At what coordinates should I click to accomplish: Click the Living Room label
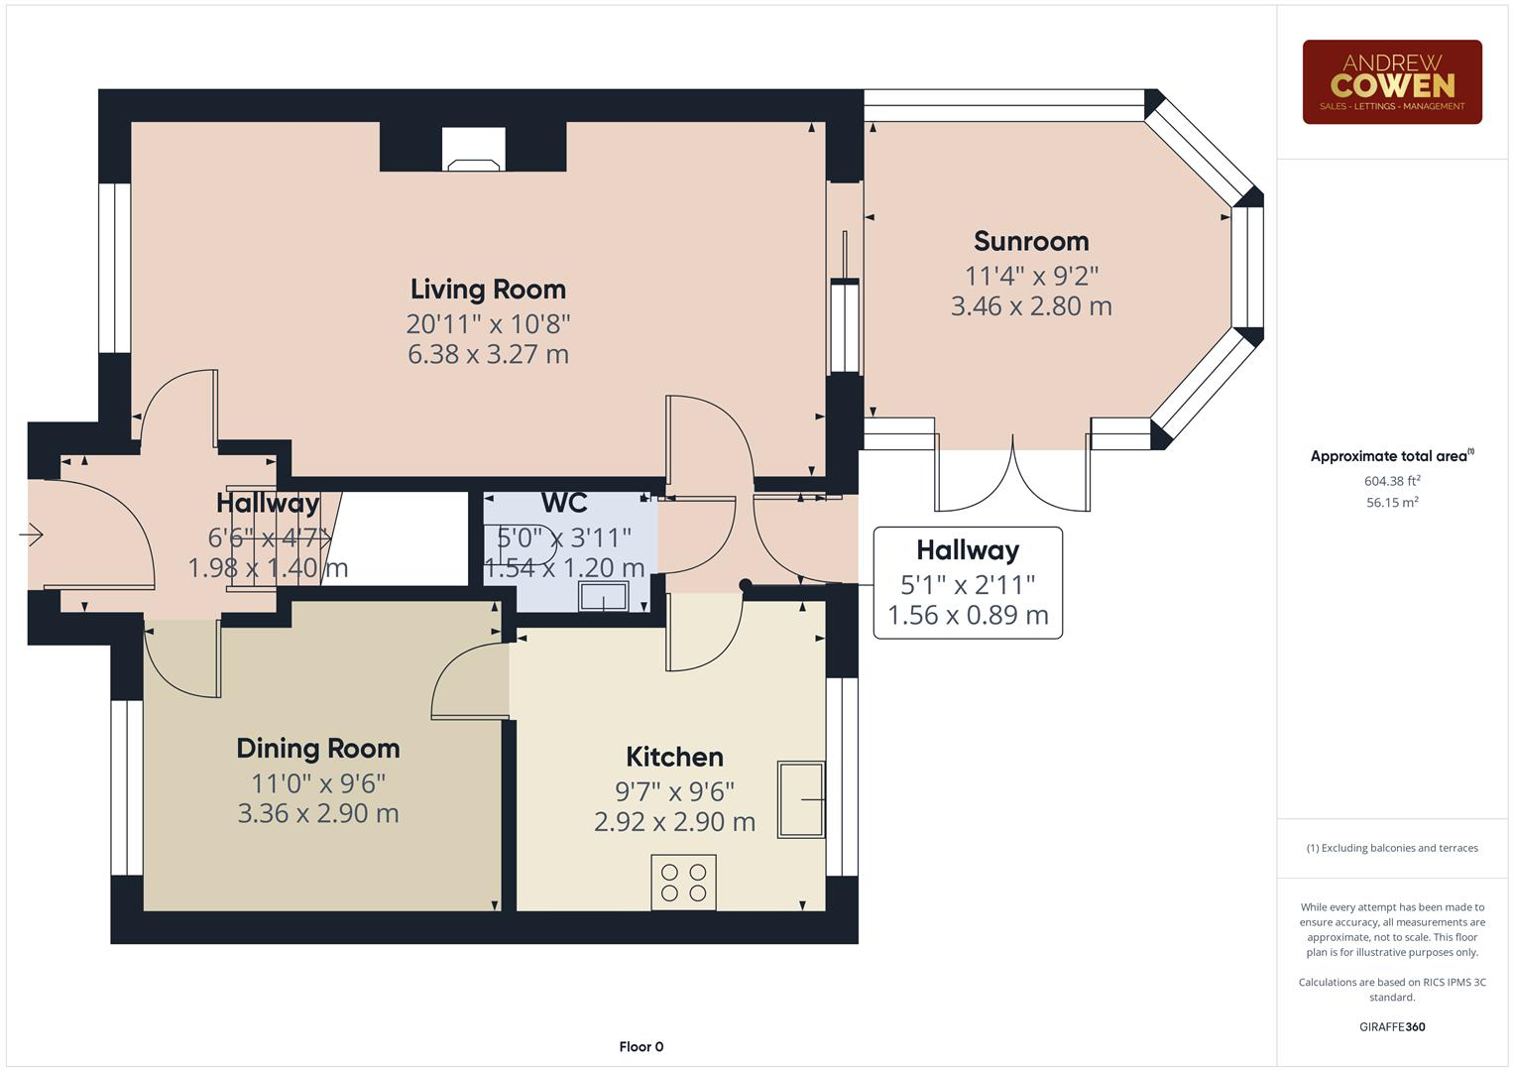click(x=488, y=290)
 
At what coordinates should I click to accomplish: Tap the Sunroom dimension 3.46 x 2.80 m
click(x=1031, y=306)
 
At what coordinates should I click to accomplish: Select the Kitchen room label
click(x=674, y=758)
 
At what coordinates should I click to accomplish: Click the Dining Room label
click(x=318, y=749)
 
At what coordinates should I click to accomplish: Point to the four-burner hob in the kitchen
click(x=683, y=883)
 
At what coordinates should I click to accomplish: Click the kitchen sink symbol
click(x=800, y=799)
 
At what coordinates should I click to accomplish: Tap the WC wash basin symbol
click(x=603, y=597)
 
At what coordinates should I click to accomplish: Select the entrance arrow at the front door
click(x=32, y=535)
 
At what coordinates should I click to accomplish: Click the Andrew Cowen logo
click(x=1391, y=82)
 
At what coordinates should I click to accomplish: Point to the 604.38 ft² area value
click(x=1391, y=482)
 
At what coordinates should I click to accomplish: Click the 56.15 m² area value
click(x=1391, y=503)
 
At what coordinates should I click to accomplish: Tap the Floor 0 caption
click(x=641, y=1047)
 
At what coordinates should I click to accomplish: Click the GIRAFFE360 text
click(x=1391, y=1027)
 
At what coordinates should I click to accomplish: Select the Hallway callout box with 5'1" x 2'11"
click(x=967, y=583)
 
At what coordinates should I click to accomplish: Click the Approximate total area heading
click(x=1391, y=457)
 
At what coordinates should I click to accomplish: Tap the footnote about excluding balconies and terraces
click(x=1391, y=849)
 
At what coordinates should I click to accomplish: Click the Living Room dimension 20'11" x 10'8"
click(x=488, y=324)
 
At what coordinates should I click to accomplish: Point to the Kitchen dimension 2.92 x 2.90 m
click(x=674, y=822)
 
